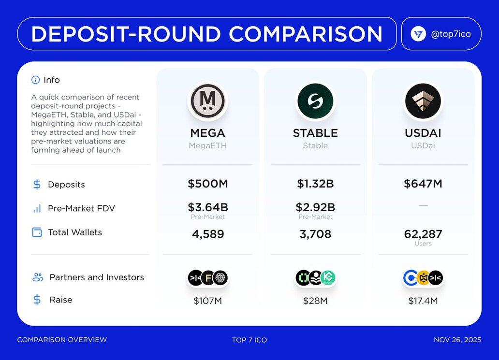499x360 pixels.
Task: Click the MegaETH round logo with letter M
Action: click(x=208, y=101)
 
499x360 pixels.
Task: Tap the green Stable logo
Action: click(x=315, y=101)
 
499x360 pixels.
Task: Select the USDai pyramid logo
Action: click(x=423, y=101)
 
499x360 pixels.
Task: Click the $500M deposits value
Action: click(x=208, y=184)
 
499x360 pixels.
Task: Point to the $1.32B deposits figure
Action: click(x=315, y=184)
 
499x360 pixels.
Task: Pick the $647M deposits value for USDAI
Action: click(x=423, y=184)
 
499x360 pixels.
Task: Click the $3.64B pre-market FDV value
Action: click(x=208, y=207)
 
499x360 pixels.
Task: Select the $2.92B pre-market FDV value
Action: click(x=315, y=207)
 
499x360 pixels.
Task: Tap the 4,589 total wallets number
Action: click(x=208, y=234)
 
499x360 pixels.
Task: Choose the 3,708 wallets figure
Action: click(x=315, y=234)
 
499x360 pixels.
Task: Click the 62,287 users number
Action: click(x=423, y=234)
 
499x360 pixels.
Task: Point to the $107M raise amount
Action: click(x=208, y=301)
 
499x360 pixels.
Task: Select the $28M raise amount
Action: click(x=315, y=301)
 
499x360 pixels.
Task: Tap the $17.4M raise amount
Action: click(x=423, y=301)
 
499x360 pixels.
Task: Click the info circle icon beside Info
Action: click(x=35, y=80)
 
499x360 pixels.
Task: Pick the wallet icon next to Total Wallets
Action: click(x=37, y=232)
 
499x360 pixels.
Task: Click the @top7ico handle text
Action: click(x=451, y=34)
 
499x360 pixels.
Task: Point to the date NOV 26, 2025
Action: click(x=457, y=340)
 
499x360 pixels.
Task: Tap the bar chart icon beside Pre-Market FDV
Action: click(x=37, y=208)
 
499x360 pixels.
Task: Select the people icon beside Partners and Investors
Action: click(x=38, y=277)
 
